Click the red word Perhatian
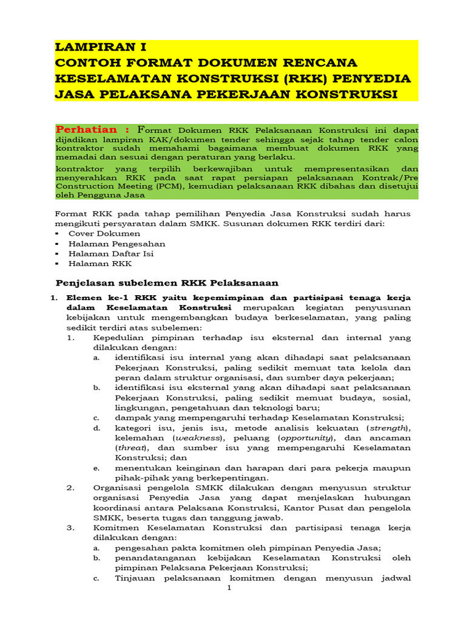coord(87,130)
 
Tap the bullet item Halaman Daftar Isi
coord(110,253)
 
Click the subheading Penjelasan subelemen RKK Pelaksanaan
coord(167,282)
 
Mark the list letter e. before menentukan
coord(96,468)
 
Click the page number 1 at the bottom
coord(229,588)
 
